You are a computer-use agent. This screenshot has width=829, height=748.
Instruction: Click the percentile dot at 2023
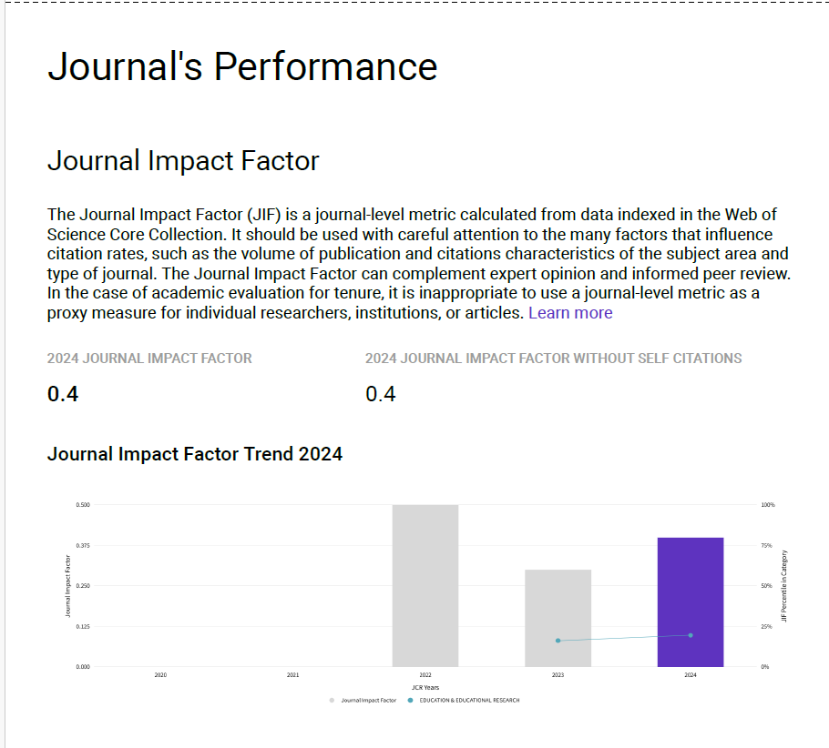point(558,641)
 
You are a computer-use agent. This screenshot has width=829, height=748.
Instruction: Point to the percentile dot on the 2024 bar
point(691,635)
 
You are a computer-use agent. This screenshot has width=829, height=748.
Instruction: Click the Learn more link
point(570,313)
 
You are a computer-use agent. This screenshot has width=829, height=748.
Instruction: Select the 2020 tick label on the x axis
point(160,675)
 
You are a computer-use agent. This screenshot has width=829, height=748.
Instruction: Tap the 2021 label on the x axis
point(292,675)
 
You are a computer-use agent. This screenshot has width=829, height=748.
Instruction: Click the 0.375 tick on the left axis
point(83,545)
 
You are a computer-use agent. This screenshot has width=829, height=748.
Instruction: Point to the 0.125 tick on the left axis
point(83,626)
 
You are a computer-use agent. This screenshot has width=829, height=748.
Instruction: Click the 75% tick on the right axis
point(766,545)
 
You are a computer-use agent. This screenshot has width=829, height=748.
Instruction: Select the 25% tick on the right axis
point(766,626)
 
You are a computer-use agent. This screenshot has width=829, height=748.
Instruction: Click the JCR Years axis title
point(425,687)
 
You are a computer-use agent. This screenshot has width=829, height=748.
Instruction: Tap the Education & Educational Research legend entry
point(469,700)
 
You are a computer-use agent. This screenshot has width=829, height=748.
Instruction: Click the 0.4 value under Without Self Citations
point(381,394)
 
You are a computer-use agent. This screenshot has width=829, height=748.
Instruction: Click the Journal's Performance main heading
point(242,67)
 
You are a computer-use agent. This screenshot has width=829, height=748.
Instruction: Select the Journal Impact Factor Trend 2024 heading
point(195,453)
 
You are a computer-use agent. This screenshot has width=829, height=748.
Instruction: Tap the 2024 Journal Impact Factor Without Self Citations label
point(553,359)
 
